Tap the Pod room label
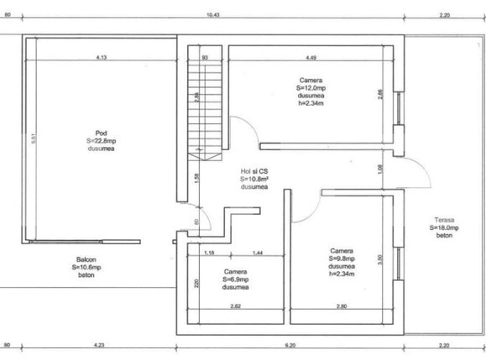pyautogui.click(x=100, y=133)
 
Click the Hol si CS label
pyautogui.click(x=253, y=170)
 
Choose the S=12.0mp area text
pyautogui.click(x=311, y=87)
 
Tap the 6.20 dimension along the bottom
pyautogui.click(x=290, y=345)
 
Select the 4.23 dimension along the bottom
pyautogui.click(x=99, y=345)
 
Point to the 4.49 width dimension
pyautogui.click(x=310, y=58)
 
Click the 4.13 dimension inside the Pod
pyautogui.click(x=101, y=58)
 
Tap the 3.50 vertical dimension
pyautogui.click(x=379, y=258)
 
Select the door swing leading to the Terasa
pyautogui.click(x=410, y=178)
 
